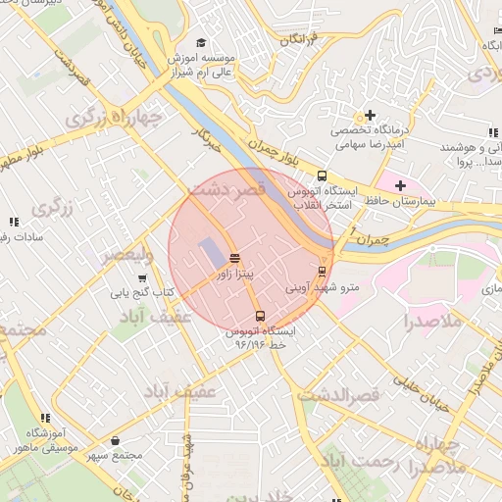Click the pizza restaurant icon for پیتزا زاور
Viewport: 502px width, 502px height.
pos(233,258)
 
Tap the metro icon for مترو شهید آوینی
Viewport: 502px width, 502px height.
pos(321,271)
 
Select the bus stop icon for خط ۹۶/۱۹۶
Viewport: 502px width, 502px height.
pos(260,316)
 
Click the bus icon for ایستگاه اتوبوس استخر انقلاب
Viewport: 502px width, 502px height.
pos(323,176)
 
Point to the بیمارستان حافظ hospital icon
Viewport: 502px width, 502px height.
pos(400,184)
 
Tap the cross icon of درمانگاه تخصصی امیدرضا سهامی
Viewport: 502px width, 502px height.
pos(370,115)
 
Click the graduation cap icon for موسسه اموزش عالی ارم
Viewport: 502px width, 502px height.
pos(201,43)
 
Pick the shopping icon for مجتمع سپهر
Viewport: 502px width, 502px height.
pos(118,441)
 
